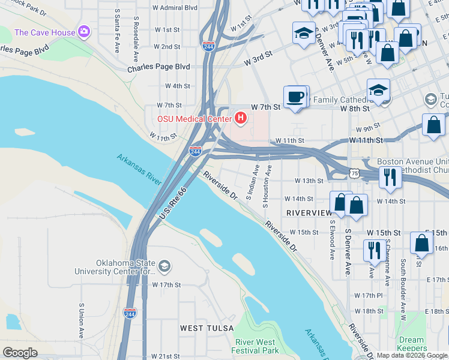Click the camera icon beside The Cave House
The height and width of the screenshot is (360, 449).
point(85,31)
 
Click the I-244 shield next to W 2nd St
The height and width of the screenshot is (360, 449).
point(208,46)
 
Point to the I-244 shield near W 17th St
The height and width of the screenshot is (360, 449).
point(130,313)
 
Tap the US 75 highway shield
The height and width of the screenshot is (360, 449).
point(355,173)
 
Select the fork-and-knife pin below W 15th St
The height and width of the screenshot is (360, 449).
point(375,250)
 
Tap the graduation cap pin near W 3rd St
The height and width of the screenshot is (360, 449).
point(304,34)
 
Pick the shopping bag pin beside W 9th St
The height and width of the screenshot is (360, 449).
point(433,125)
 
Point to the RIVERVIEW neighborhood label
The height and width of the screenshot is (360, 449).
point(309,213)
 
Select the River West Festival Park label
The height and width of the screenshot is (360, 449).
point(256,345)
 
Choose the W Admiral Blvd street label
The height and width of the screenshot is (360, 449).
point(175,8)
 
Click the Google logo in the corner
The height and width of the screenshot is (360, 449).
point(20,353)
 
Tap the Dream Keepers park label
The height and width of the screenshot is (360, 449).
point(411,344)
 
